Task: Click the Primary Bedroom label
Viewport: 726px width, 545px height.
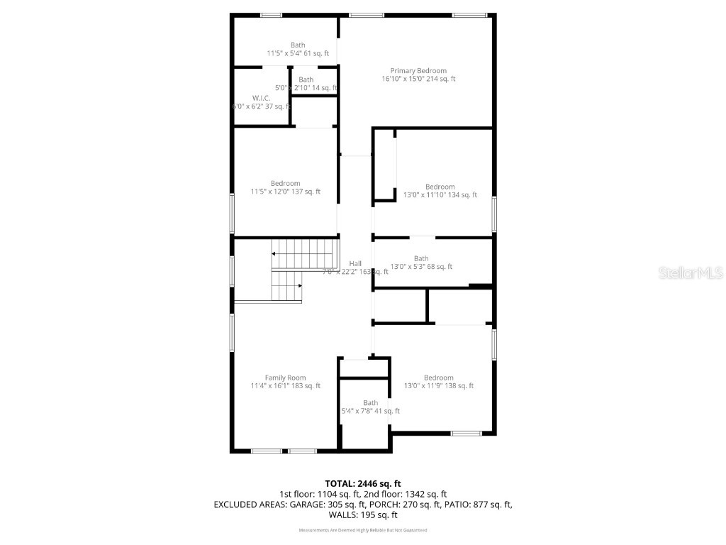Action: point(418,75)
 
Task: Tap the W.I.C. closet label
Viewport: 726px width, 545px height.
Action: point(262,102)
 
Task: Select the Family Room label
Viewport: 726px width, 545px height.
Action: point(285,382)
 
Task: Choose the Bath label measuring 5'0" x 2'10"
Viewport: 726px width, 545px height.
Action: point(306,84)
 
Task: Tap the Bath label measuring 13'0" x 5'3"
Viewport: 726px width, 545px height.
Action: point(421,263)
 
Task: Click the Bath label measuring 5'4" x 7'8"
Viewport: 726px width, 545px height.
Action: point(371,407)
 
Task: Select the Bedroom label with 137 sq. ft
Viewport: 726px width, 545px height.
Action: point(285,187)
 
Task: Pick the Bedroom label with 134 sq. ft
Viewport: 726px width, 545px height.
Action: point(440,191)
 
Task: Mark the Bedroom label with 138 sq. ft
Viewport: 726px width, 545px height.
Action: point(438,382)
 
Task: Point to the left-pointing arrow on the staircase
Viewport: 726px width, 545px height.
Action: point(274,253)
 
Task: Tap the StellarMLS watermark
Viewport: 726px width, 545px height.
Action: point(690,272)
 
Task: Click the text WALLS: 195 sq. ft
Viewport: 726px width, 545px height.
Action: point(362,515)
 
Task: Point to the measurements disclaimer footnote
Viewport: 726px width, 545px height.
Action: point(362,530)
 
